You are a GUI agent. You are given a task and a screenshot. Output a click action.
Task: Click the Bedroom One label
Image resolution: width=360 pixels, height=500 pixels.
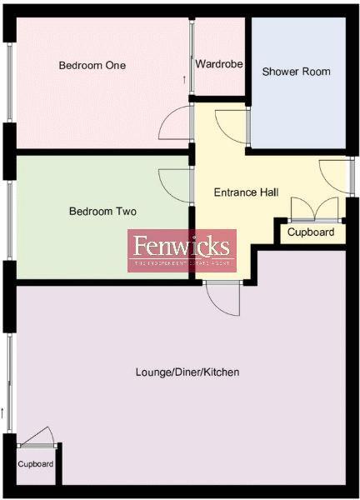[92, 65]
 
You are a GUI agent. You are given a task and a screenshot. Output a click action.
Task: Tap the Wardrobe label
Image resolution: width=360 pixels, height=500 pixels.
[219, 64]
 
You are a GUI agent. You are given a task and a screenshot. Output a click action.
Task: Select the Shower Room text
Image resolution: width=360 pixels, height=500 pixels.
[296, 72]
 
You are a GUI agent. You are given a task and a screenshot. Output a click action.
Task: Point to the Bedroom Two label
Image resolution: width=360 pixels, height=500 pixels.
[102, 212]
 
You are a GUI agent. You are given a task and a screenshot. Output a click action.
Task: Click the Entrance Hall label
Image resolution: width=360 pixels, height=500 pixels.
[246, 192]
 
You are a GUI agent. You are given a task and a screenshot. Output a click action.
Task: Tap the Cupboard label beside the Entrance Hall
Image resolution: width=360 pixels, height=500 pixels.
[311, 232]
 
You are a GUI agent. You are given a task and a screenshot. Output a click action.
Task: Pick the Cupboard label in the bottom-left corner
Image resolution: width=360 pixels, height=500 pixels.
[36, 464]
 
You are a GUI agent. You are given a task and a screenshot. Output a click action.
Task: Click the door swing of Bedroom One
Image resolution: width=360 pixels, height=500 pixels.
[177, 125]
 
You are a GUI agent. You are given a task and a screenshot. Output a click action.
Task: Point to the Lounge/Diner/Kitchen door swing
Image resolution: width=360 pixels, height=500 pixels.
[223, 299]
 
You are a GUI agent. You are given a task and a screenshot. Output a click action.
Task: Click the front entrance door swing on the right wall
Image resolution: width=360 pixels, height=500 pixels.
[333, 175]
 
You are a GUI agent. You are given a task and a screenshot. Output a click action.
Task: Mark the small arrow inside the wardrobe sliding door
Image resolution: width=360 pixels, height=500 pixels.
[185, 79]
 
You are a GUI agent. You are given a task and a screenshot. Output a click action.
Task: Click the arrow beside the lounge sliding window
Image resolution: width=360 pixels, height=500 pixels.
[3, 411]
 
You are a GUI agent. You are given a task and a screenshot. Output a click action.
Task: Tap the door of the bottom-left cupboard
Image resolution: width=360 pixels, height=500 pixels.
[40, 438]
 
